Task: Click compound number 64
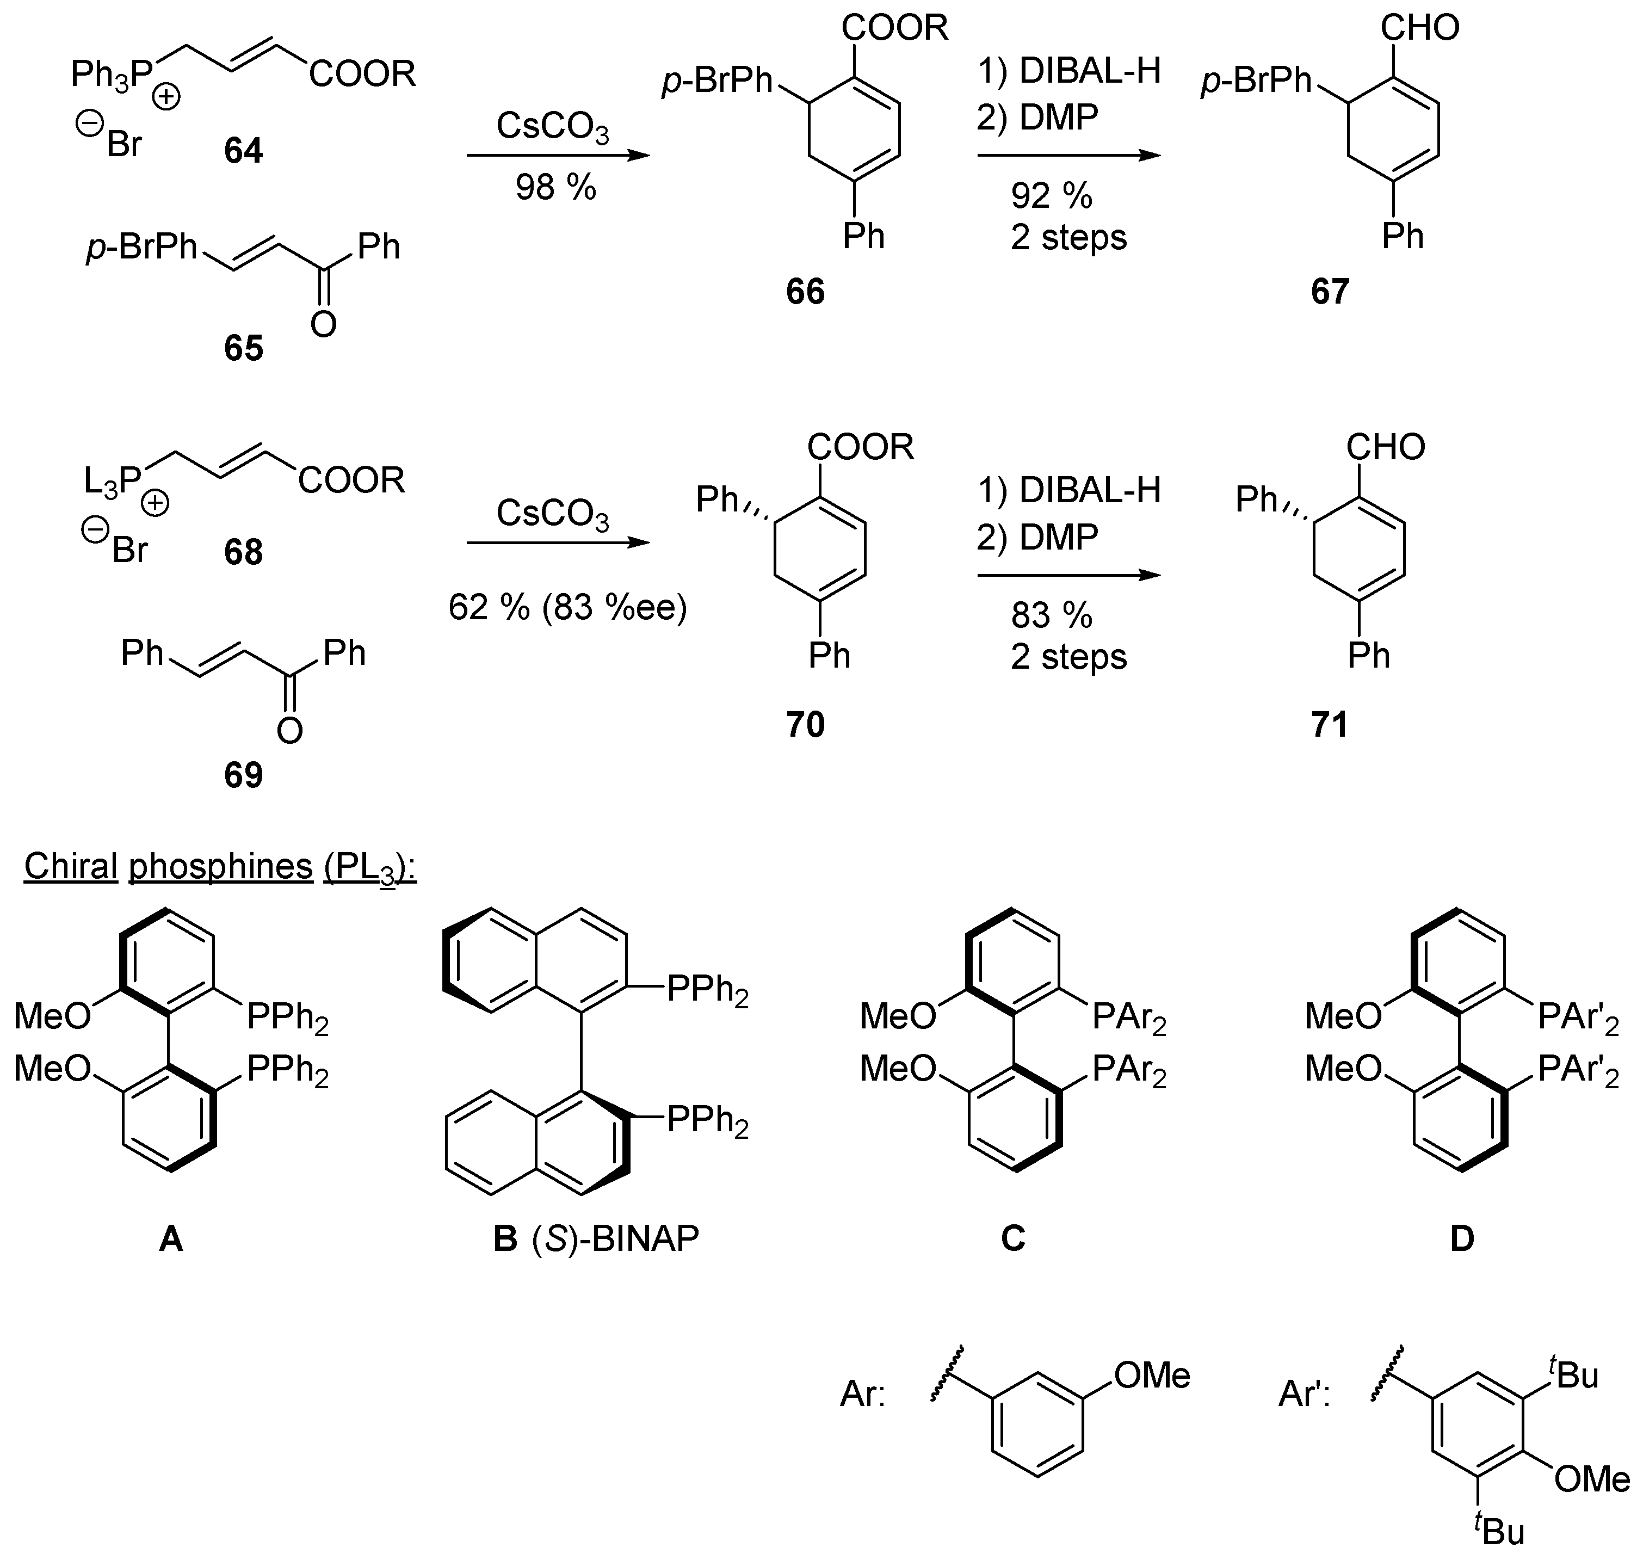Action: (243, 151)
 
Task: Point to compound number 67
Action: (1330, 292)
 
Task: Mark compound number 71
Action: (1330, 725)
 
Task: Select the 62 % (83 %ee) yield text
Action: (568, 608)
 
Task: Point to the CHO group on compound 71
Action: (1385, 447)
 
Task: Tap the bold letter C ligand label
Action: (1012, 1238)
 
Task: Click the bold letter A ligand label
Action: (171, 1238)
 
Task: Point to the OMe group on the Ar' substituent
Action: (1591, 1478)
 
